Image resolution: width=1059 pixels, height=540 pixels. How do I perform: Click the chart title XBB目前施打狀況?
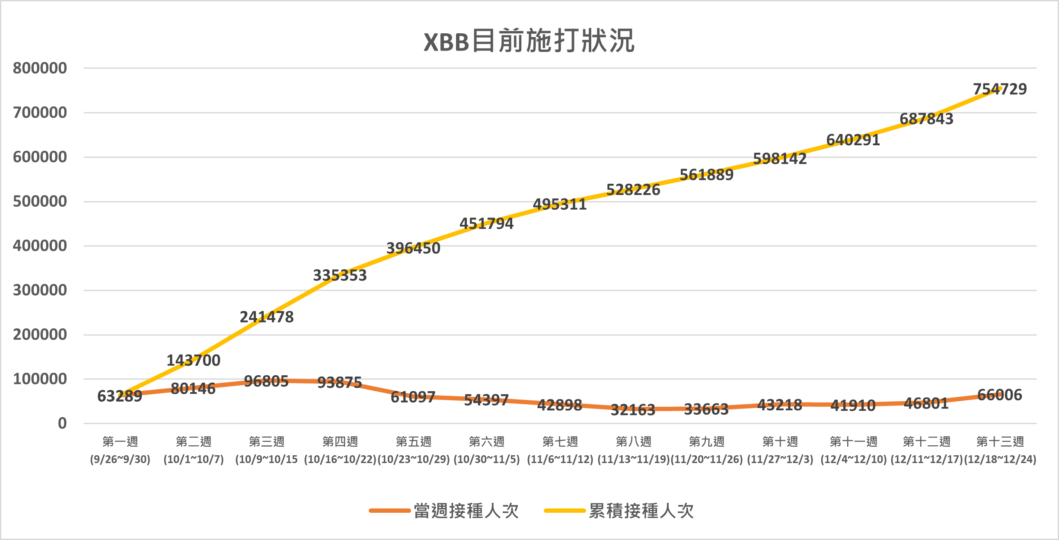(x=529, y=42)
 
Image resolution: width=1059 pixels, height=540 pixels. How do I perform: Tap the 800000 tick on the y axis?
(x=40, y=68)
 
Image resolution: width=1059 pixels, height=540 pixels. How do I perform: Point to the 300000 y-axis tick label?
(x=40, y=290)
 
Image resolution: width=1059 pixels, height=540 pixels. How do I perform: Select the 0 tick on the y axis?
(x=62, y=423)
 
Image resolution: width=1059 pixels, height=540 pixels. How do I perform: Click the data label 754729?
(x=1000, y=89)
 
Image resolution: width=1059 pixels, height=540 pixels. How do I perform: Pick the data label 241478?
(x=267, y=317)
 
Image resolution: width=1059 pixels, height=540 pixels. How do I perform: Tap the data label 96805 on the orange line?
(x=266, y=381)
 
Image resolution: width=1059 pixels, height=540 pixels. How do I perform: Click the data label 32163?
(x=633, y=410)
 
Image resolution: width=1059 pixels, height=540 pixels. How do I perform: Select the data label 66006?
(x=999, y=395)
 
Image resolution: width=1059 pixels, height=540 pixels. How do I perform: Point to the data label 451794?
(x=487, y=224)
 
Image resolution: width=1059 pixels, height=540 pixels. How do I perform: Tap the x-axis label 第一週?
(x=120, y=441)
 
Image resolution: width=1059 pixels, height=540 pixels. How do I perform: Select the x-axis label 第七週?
(x=560, y=441)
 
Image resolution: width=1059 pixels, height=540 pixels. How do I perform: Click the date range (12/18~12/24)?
(x=1000, y=459)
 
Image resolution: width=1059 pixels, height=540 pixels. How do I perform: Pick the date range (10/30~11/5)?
(x=487, y=459)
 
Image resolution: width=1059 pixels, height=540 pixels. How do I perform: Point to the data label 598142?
(x=780, y=159)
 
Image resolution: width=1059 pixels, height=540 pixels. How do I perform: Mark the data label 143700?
(x=194, y=361)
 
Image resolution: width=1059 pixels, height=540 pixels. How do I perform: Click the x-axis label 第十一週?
(x=853, y=441)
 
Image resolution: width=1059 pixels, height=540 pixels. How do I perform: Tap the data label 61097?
(x=413, y=397)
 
